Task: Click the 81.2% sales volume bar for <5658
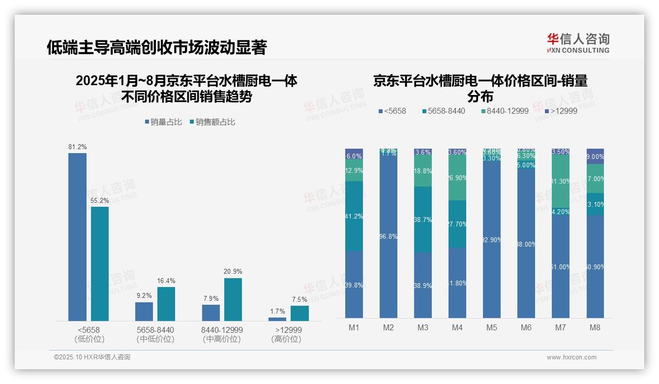pyautogui.click(x=77, y=237)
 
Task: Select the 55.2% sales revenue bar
pyautogui.click(x=100, y=264)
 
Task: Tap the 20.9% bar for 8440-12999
pyautogui.click(x=233, y=299)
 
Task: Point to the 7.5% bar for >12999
pyautogui.click(x=300, y=313)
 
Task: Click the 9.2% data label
pyautogui.click(x=144, y=295)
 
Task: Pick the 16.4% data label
pyautogui.click(x=166, y=281)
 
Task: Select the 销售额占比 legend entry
pyautogui.click(x=212, y=122)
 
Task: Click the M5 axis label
pyautogui.click(x=492, y=327)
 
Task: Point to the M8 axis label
pyautogui.click(x=595, y=327)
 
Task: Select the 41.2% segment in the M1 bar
pyautogui.click(x=354, y=217)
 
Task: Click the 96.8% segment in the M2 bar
pyautogui.click(x=389, y=236)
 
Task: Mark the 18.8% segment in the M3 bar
pyautogui.click(x=423, y=171)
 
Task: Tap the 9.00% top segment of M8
pyautogui.click(x=595, y=156)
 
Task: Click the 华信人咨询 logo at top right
pyautogui.click(x=578, y=43)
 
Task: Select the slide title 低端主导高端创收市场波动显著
pyautogui.click(x=156, y=47)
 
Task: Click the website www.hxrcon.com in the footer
pyautogui.click(x=571, y=357)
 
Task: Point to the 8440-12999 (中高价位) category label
pyautogui.click(x=222, y=334)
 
